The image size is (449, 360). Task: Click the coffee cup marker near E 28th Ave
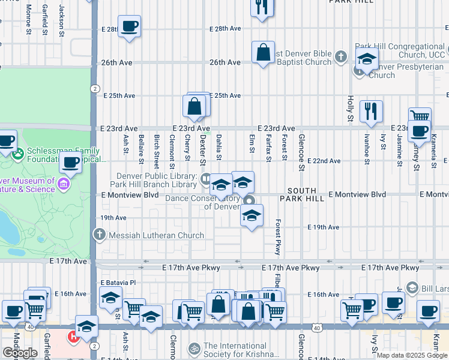point(129,27)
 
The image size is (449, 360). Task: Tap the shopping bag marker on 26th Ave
point(263,53)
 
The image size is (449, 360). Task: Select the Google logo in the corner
point(20,352)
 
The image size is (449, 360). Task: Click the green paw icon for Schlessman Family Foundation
point(19,154)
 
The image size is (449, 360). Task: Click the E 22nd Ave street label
point(324,161)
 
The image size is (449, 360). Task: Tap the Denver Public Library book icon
point(206,178)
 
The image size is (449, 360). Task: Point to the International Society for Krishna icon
point(194,348)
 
